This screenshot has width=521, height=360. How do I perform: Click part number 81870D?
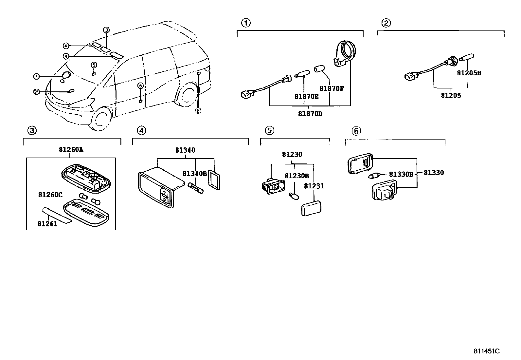pyautogui.click(x=310, y=114)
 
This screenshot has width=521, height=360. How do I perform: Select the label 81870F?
pyautogui.click(x=332, y=88)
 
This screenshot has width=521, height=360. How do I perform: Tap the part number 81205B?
pyautogui.click(x=469, y=73)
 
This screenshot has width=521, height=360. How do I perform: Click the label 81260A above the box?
pyautogui.click(x=71, y=150)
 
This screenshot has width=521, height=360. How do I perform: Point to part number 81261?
pyautogui.click(x=47, y=224)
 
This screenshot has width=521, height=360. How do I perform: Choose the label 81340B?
pyautogui.click(x=194, y=174)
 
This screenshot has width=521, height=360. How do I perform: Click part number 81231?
pyautogui.click(x=314, y=186)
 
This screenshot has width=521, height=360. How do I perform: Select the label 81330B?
pyautogui.click(x=401, y=175)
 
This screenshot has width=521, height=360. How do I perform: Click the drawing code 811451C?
pyautogui.click(x=486, y=351)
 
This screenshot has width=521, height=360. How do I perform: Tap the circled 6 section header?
pyautogui.click(x=356, y=131)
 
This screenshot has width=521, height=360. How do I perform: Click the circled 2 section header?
pyautogui.click(x=386, y=23)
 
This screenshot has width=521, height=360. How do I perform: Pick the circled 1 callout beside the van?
pyautogui.click(x=36, y=76)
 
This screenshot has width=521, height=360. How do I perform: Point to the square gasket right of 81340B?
pyautogui.click(x=214, y=180)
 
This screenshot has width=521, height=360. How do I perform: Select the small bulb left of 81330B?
pyautogui.click(x=373, y=176)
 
